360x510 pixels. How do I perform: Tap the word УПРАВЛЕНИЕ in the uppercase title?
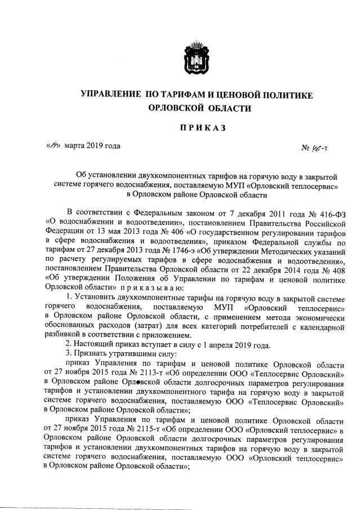click(110, 95)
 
